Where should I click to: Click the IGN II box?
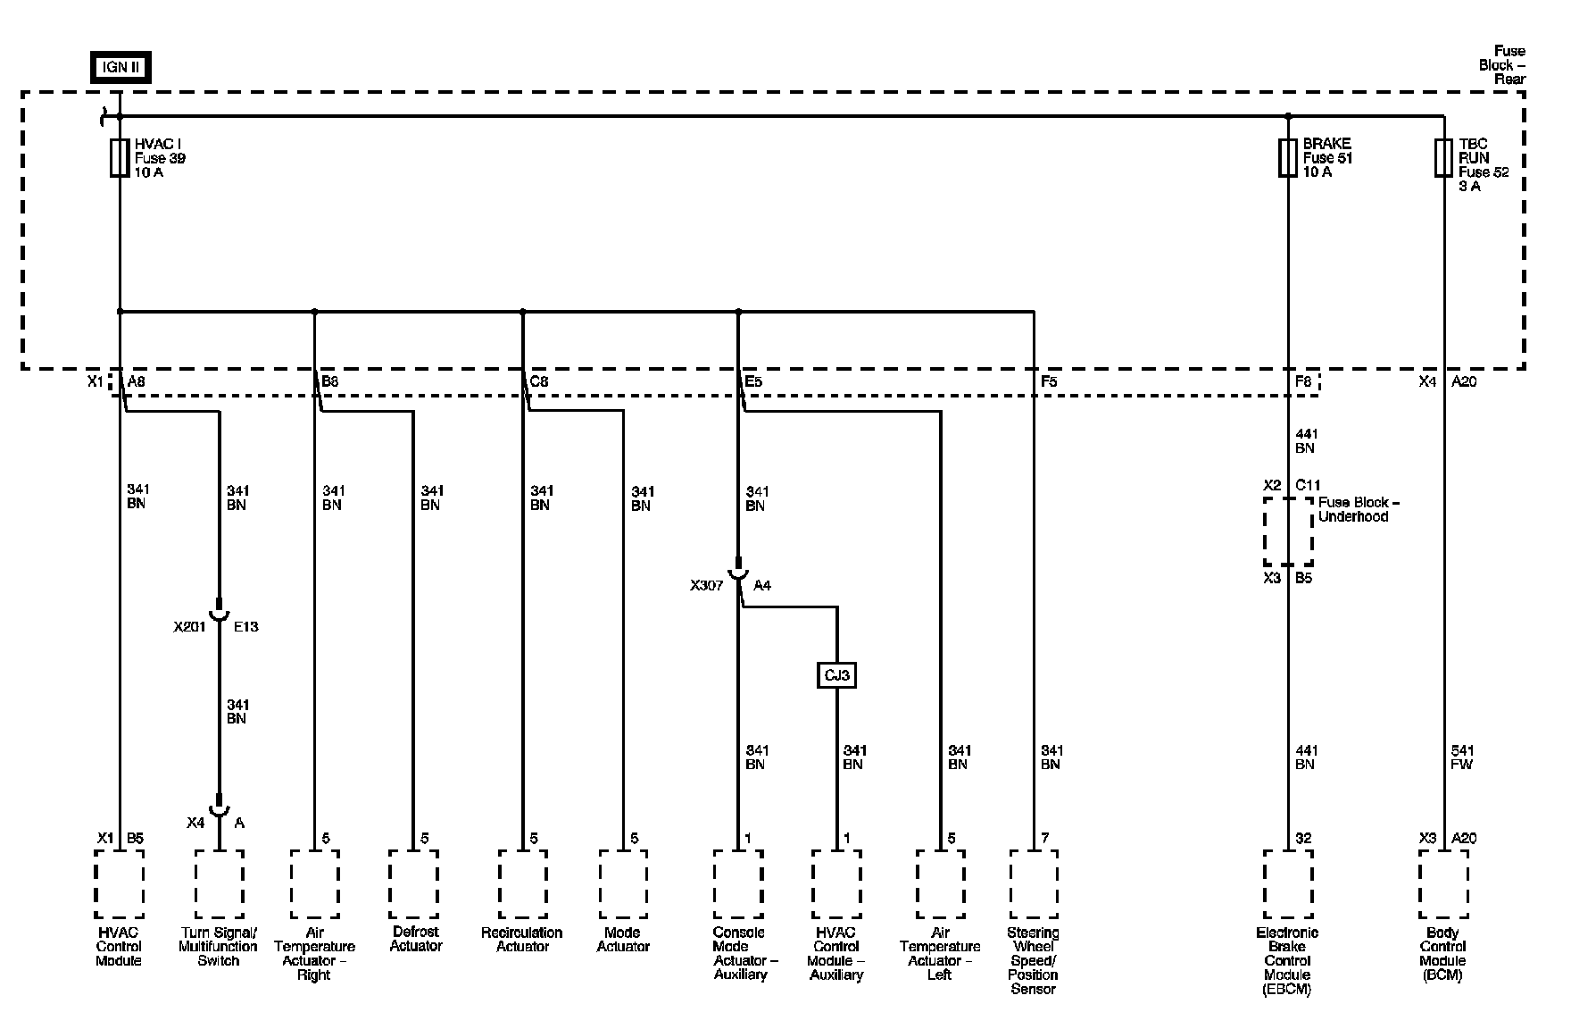(121, 68)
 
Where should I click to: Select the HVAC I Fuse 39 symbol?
(119, 158)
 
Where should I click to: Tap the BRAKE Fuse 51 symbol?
(1287, 158)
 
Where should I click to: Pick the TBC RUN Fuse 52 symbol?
(1443, 158)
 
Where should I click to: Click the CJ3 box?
(836, 675)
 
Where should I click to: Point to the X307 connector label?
(706, 586)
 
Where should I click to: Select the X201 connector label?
(190, 627)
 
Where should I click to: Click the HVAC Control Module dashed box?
(119, 884)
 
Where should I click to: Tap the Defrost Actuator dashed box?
(413, 884)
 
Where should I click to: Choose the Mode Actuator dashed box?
(623, 884)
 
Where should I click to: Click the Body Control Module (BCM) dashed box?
(1443, 884)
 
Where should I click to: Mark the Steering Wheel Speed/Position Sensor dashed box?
(1034, 884)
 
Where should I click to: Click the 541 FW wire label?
(1462, 757)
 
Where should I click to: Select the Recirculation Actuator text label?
(522, 940)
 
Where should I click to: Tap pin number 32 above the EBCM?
(1303, 838)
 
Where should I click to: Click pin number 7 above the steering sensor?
(1045, 838)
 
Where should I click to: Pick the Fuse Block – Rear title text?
(1502, 65)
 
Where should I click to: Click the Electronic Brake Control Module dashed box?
(1288, 884)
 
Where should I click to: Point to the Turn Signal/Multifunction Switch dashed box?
(219, 884)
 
